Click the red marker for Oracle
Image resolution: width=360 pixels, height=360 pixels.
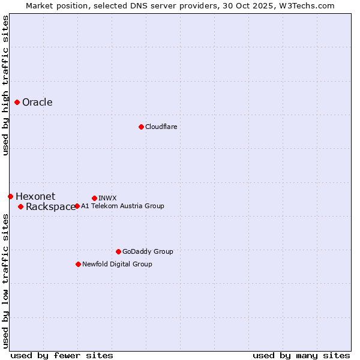point(17,102)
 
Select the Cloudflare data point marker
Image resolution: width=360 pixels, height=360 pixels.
point(141,127)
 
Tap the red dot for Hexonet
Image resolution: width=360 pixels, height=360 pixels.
point(10,196)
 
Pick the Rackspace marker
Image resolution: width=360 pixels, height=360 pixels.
point(20,206)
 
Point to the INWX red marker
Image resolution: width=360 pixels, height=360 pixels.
point(94,198)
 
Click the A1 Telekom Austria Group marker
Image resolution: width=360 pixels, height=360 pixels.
point(77,206)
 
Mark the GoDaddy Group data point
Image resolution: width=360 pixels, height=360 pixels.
point(118,251)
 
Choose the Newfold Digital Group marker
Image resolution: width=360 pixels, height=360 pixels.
point(78,264)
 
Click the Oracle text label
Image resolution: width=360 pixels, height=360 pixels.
point(37,102)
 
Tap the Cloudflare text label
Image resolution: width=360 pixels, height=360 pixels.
point(161,127)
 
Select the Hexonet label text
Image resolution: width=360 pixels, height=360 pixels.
point(35,196)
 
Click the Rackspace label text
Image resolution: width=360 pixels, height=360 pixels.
point(50,207)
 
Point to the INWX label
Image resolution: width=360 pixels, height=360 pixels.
point(107,198)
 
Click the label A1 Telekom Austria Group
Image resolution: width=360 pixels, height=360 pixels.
point(122,206)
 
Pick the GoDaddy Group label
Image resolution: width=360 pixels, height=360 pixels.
point(148,251)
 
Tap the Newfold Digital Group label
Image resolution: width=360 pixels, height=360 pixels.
point(117,264)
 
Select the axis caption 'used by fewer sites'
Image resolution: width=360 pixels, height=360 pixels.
point(62,355)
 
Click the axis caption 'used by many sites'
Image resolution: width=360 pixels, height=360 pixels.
point(301,355)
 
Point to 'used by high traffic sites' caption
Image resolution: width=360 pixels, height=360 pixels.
point(5,85)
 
